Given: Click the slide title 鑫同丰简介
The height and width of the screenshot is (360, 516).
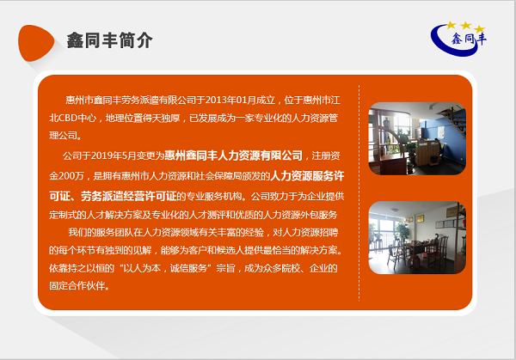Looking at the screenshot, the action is (109, 40).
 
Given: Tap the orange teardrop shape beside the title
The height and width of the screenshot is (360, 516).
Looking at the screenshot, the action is (35, 43).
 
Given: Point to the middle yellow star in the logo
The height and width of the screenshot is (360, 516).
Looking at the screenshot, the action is (465, 25).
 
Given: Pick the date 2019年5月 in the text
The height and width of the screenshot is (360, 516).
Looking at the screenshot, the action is (114, 156).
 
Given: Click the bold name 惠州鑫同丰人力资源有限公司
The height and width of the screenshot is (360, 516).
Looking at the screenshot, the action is (233, 156).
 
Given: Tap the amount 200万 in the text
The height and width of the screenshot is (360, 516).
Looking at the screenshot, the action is (71, 176).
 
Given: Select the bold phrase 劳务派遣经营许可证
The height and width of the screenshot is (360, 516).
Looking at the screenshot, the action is (129, 196).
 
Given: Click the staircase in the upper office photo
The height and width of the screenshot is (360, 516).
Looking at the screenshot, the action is (453, 119).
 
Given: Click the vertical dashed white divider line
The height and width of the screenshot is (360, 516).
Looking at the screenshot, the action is (359, 192).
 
